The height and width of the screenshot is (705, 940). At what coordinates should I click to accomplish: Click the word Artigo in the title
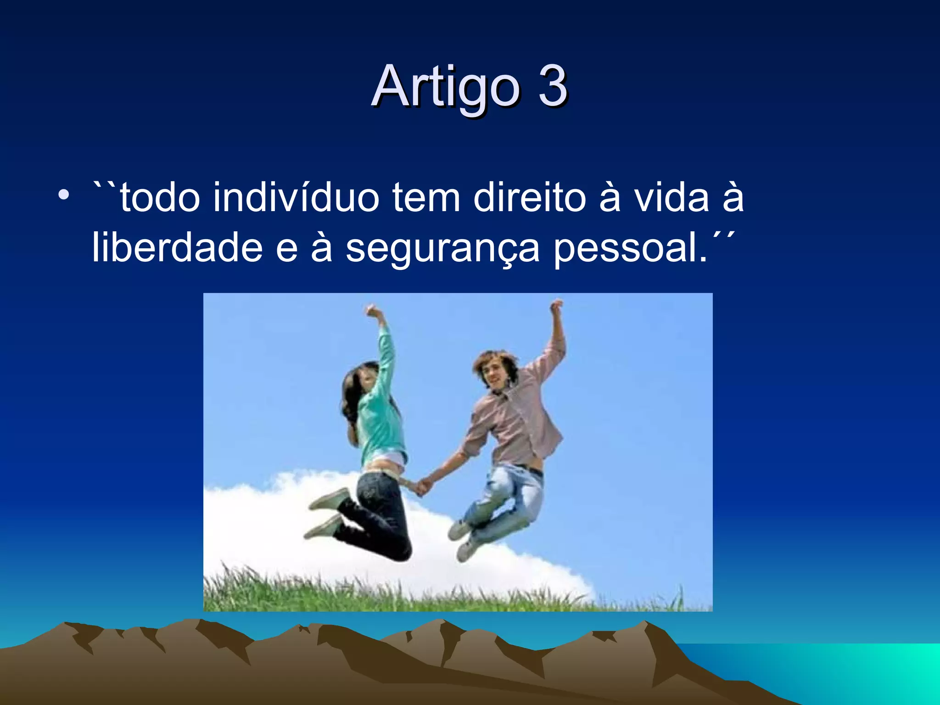(445, 87)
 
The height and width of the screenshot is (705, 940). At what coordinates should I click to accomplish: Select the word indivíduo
(296, 197)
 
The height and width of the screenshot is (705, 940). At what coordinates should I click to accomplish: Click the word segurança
(442, 248)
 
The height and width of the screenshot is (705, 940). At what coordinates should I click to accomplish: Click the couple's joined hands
(423, 487)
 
